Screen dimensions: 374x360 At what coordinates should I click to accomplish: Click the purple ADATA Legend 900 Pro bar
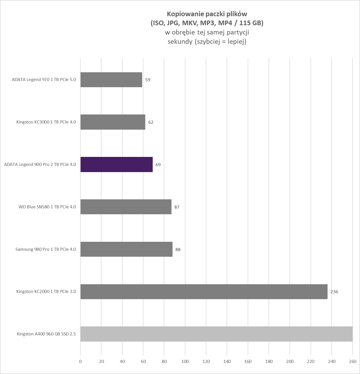click(116, 164)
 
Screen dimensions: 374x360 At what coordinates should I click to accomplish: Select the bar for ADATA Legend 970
click(111, 80)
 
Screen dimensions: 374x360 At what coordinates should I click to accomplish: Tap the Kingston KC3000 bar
click(113, 122)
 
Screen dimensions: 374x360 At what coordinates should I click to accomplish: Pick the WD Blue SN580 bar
click(126, 207)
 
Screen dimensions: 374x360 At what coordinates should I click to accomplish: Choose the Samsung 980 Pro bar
click(126, 249)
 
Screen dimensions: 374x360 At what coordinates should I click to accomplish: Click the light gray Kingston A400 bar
click(216, 334)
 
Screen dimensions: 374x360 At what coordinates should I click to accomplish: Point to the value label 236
click(334, 292)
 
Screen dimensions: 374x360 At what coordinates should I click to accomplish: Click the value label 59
click(148, 80)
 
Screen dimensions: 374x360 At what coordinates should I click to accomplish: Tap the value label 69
click(158, 165)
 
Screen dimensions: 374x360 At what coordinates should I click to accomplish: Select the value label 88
click(178, 250)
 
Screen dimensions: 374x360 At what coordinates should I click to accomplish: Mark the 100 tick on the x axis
click(185, 361)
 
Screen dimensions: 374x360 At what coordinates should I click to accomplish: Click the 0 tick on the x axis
click(80, 361)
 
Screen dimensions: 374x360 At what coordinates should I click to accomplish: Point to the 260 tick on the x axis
click(353, 361)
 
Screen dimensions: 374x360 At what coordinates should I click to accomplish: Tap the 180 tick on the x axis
click(269, 361)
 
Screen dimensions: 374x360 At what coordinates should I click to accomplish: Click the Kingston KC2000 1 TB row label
click(46, 292)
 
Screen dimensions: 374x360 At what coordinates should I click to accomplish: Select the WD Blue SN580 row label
click(47, 207)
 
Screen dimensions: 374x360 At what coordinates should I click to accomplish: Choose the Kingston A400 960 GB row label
click(46, 334)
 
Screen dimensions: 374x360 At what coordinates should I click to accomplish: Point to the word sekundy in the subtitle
click(180, 42)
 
